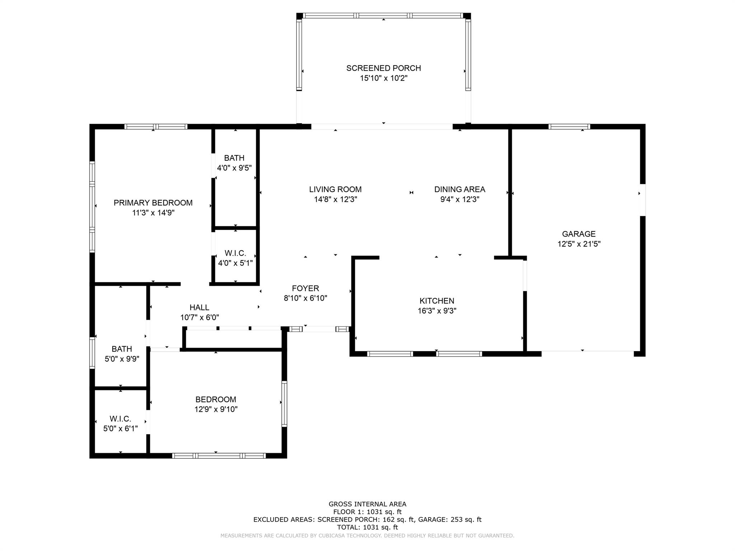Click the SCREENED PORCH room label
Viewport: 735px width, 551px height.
pos(383,68)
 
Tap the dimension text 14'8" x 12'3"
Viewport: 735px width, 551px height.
pos(336,199)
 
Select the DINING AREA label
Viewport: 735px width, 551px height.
pos(459,189)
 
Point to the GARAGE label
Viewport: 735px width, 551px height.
pos(579,234)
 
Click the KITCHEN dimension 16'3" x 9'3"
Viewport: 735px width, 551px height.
pos(437,311)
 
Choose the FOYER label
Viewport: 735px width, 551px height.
pos(305,288)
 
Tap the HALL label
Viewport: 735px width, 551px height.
pos(199,307)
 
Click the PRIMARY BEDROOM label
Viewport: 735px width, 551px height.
pos(153,203)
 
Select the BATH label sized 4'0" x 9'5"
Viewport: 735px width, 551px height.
pos(234,158)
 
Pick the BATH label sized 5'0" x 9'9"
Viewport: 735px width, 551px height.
pos(122,349)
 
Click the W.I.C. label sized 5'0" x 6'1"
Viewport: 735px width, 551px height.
pos(120,419)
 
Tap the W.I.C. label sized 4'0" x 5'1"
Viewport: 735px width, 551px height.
pos(235,253)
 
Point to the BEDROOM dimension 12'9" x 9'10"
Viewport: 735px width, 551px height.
pos(216,409)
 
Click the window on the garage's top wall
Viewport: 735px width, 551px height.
pos(569,127)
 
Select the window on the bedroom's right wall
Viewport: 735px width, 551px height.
pos(284,404)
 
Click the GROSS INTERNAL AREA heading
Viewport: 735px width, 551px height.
pos(367,504)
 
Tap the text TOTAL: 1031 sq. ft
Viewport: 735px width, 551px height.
pos(367,527)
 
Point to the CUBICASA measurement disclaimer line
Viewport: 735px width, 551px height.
pos(367,536)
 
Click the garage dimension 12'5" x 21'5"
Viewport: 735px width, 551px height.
pos(579,244)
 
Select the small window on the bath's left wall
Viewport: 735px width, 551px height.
pos(92,353)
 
